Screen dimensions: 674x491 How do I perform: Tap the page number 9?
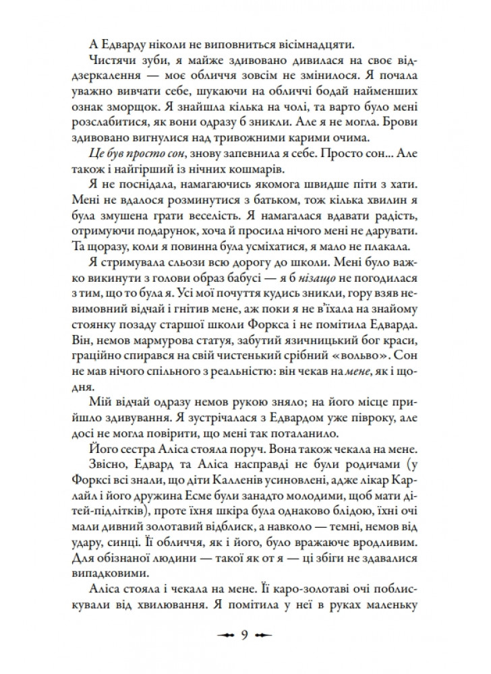(245, 634)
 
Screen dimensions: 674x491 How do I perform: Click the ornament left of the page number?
(224, 635)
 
